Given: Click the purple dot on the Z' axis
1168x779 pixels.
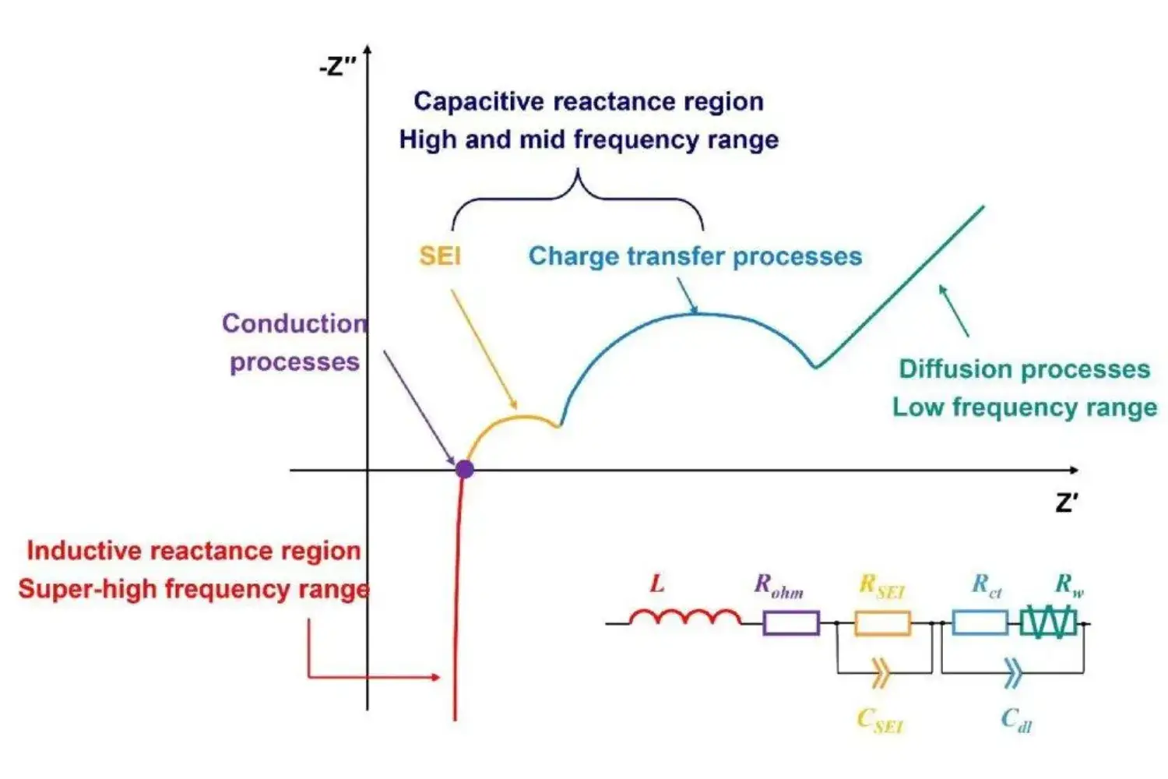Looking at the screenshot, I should tap(464, 469).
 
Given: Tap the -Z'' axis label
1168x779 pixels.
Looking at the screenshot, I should tap(336, 67).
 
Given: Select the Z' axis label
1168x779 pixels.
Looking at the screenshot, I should tap(1067, 502).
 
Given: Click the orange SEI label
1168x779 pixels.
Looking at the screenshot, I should tap(440, 256).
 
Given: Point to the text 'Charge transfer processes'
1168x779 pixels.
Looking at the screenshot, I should tap(695, 256).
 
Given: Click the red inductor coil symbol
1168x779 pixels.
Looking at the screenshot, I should tap(684, 618).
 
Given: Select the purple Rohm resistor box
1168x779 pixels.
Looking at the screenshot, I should tap(790, 623).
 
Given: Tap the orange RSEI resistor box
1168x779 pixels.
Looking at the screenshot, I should tap(882, 623).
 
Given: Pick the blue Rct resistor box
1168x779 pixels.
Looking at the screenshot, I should tap(980, 623).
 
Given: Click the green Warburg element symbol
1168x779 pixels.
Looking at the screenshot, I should tap(1048, 623).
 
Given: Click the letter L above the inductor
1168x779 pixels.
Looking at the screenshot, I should tap(657, 583).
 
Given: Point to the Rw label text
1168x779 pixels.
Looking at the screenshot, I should tap(1068, 585).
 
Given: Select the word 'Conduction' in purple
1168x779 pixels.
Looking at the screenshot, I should tap(294, 323).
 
